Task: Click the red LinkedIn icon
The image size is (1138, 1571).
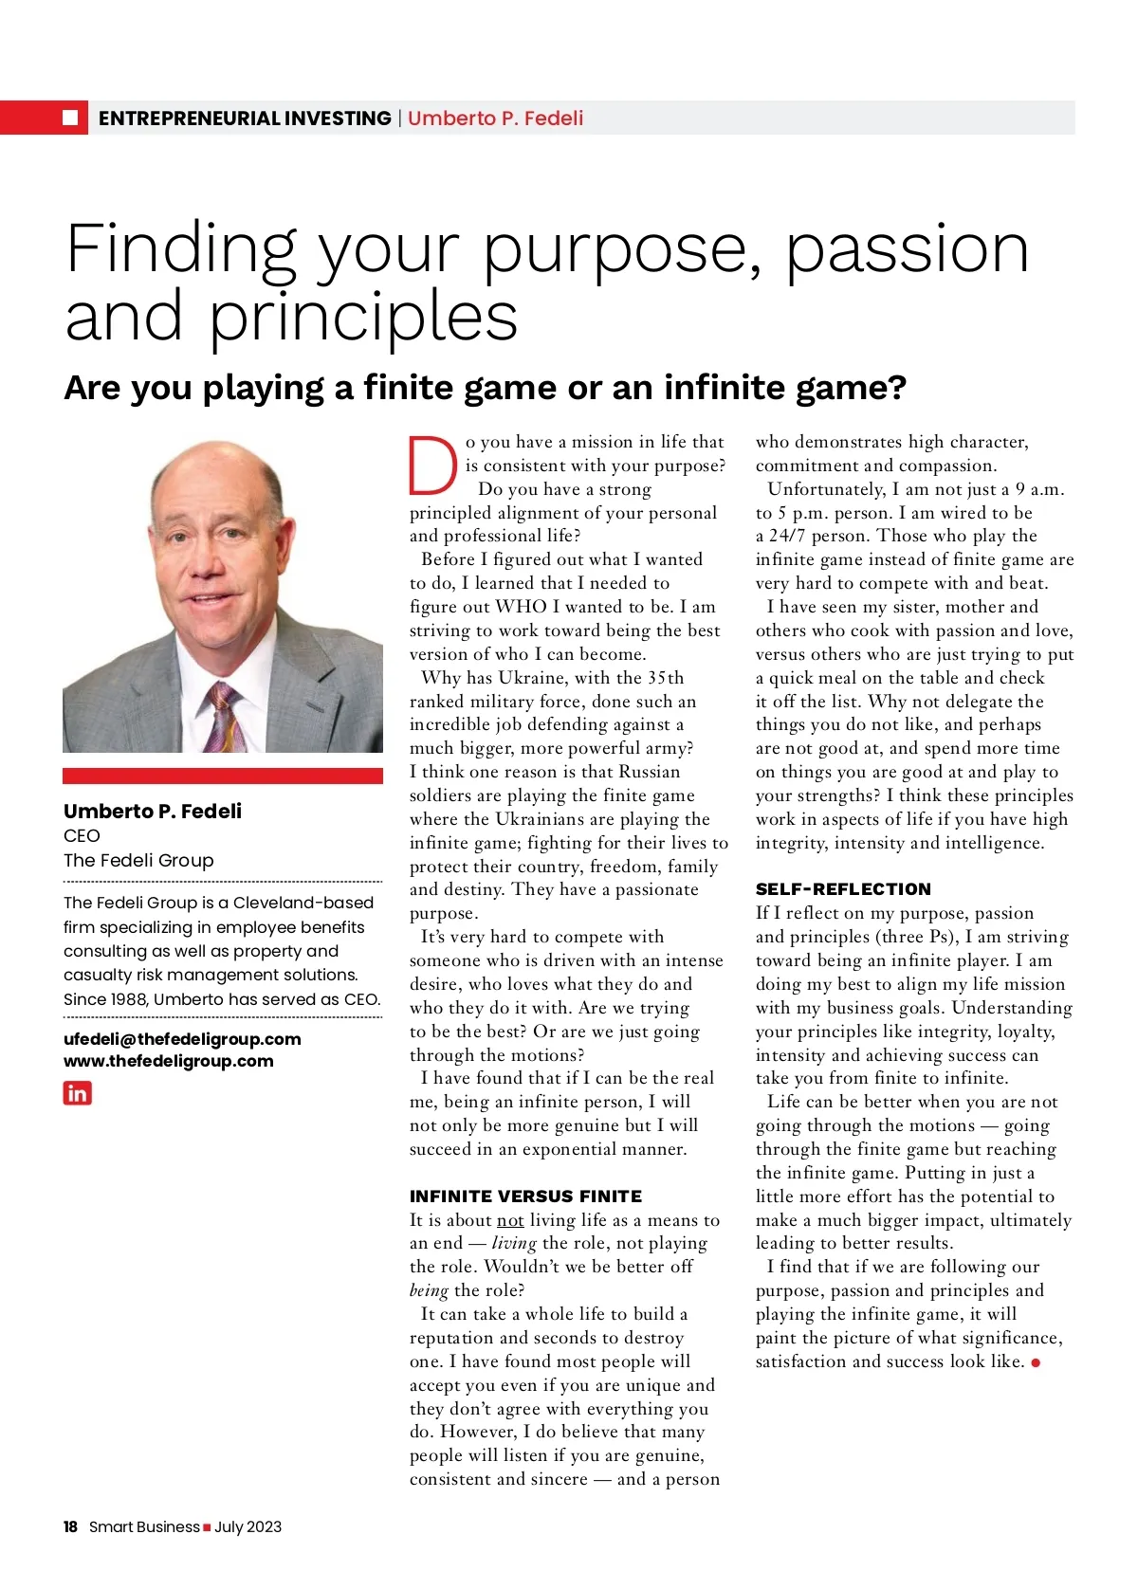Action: (78, 1093)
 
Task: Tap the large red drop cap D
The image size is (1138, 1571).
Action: (432, 466)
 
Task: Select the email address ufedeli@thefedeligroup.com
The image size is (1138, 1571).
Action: (182, 1039)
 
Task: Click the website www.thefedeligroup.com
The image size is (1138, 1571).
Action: (168, 1061)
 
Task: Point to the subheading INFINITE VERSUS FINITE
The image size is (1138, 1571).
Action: (525, 1197)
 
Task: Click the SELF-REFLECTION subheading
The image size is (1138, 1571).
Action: (843, 889)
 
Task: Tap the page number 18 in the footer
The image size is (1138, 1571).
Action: (70, 1526)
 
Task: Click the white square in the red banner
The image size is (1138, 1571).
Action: (70, 118)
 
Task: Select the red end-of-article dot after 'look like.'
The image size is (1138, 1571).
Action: (1036, 1362)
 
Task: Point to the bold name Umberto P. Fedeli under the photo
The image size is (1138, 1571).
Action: (153, 811)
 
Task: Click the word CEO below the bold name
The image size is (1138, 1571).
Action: (82, 835)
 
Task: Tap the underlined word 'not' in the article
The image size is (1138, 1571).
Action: (510, 1220)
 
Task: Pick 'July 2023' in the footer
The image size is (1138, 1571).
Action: (248, 1526)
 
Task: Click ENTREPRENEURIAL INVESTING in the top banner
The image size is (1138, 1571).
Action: (245, 119)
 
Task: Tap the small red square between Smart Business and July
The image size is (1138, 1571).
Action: (207, 1527)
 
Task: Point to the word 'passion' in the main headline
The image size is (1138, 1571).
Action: (908, 248)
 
